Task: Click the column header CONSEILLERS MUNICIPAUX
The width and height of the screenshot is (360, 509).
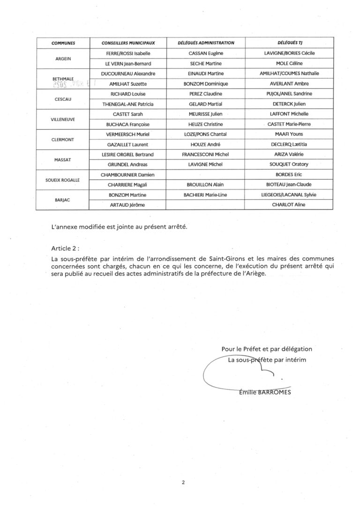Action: point(128,43)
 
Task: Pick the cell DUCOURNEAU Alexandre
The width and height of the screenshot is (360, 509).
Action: point(128,74)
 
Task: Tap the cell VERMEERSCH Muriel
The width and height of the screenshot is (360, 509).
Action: point(128,135)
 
